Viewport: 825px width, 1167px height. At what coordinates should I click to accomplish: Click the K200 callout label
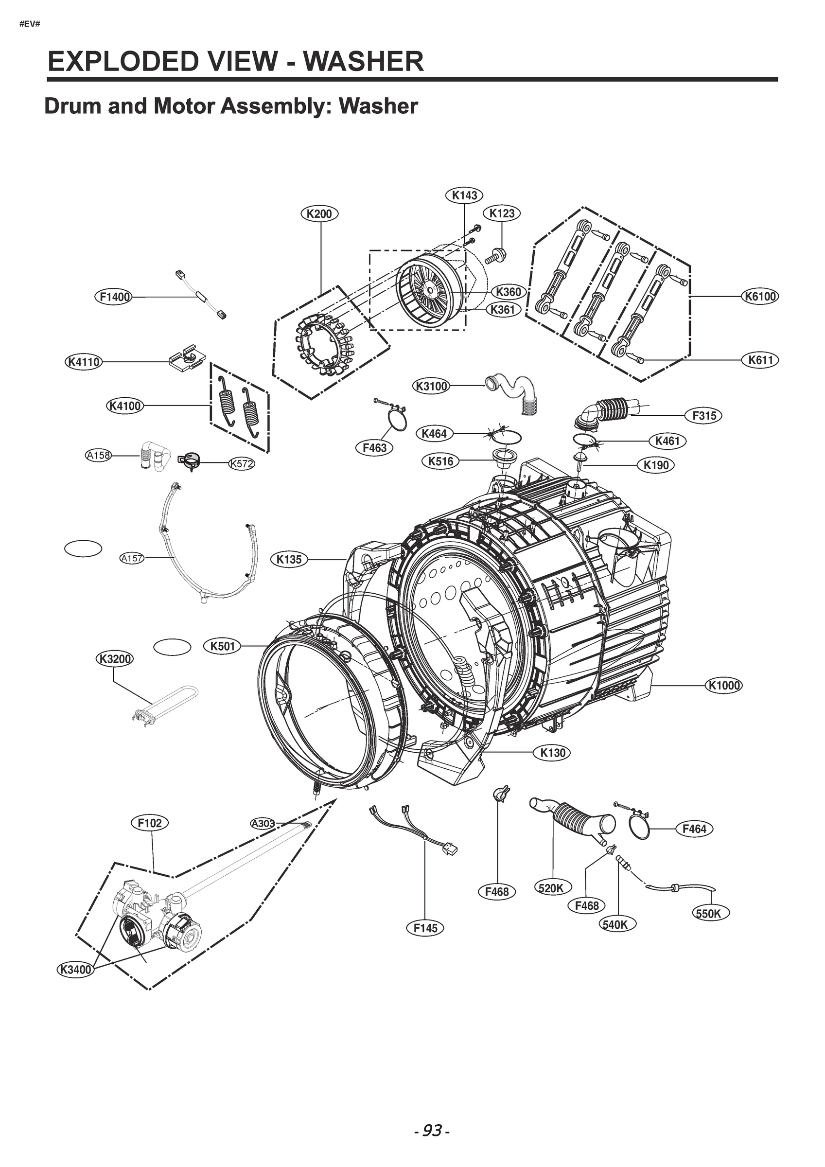click(x=319, y=213)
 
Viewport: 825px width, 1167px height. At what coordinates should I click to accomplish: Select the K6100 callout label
click(x=760, y=296)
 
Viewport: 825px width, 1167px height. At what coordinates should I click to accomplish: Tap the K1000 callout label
click(x=724, y=685)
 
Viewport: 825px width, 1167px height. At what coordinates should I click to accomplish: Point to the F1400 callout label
click(x=113, y=296)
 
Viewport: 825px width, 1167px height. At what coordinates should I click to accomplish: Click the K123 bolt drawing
click(x=495, y=256)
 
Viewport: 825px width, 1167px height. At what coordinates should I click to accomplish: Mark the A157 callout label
click(x=132, y=559)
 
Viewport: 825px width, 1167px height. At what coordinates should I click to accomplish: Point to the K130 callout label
click(x=553, y=753)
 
